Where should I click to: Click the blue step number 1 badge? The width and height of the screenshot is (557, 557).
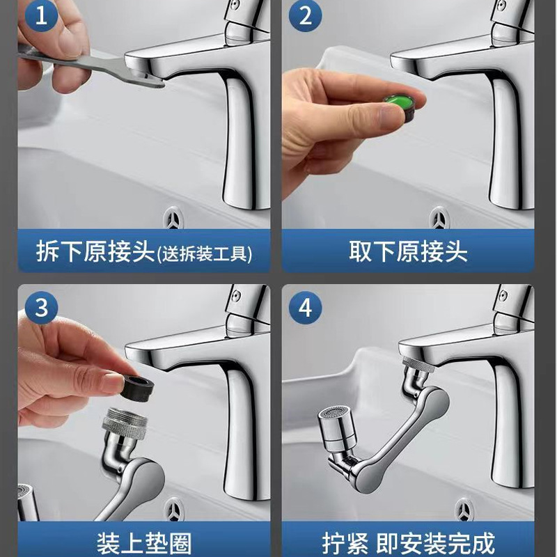coord(41,16)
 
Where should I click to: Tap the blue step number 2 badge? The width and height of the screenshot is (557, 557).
coord(305,16)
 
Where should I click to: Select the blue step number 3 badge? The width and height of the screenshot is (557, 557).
coord(41,308)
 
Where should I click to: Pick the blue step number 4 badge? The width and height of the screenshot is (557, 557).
coord(305,308)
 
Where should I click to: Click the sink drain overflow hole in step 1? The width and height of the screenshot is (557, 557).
coord(173,219)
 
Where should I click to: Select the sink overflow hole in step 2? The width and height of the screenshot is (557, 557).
coord(439,219)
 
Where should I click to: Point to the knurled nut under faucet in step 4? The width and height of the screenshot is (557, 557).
coord(418,365)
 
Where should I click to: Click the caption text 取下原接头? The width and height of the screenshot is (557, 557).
coord(408,251)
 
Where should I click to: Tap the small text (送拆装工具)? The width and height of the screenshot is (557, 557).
coord(205,253)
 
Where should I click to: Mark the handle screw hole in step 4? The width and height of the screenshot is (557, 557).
coord(502,295)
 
